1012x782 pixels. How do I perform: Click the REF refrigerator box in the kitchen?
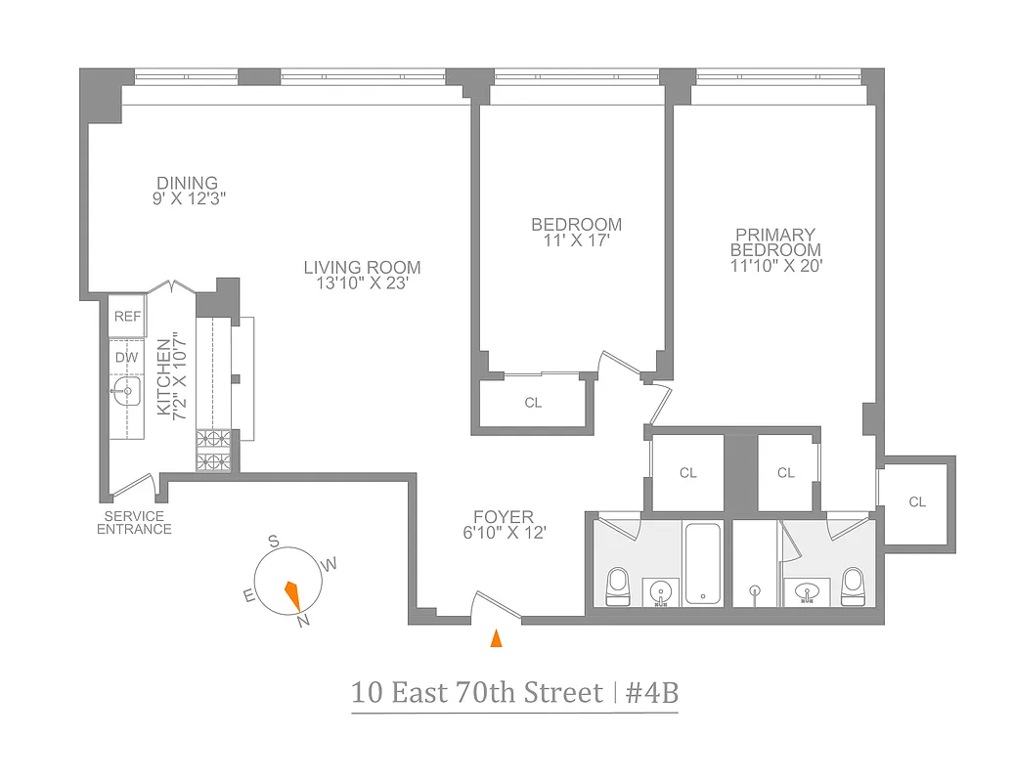pyautogui.click(x=127, y=315)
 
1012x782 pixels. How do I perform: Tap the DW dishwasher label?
pyautogui.click(x=127, y=357)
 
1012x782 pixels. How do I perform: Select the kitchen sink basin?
pyautogui.click(x=127, y=394)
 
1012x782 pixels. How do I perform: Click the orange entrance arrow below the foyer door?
pyautogui.click(x=496, y=638)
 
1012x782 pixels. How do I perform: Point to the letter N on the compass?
pyautogui.click(x=304, y=620)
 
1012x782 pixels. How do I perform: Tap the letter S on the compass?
pyautogui.click(x=275, y=542)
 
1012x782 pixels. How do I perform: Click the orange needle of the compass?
pyautogui.click(x=292, y=593)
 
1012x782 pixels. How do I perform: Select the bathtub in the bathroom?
pyautogui.click(x=702, y=564)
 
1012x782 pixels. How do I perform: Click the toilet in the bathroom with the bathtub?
pyautogui.click(x=618, y=585)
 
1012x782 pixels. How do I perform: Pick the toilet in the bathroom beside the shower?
pyautogui.click(x=853, y=585)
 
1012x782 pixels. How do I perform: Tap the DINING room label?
pyautogui.click(x=188, y=183)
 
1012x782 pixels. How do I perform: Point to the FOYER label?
pyautogui.click(x=504, y=517)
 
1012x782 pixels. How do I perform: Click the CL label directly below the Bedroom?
pyautogui.click(x=533, y=403)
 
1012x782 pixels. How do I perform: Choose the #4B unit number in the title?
pyautogui.click(x=652, y=693)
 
